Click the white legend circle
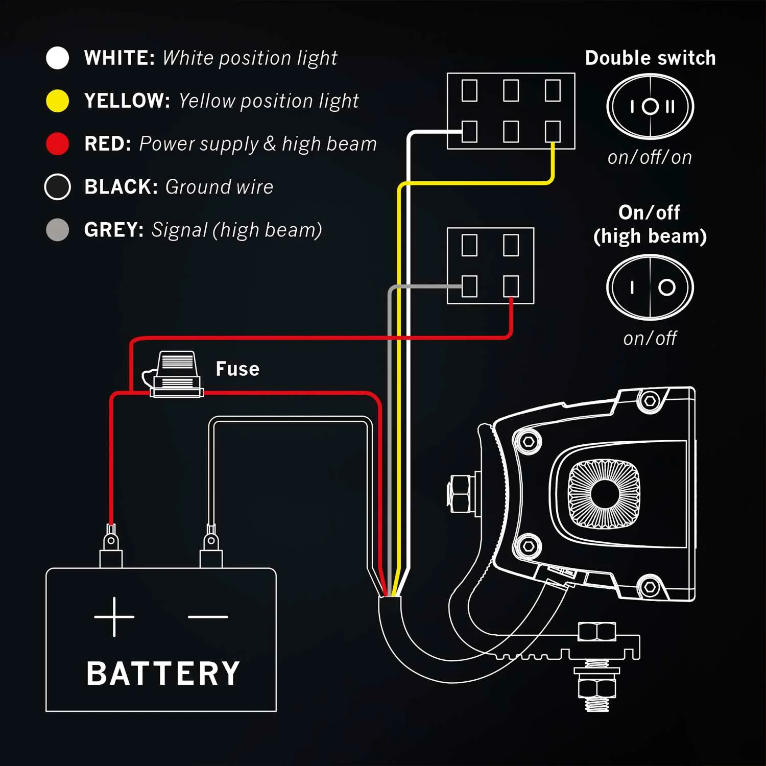pos(57,58)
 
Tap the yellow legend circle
pos(57,101)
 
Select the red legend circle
pos(57,143)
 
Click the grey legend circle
pos(57,230)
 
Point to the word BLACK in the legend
pos(121,187)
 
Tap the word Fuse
pos(237,369)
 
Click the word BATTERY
pos(163,674)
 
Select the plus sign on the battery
pos(114,617)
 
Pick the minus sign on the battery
pos(208,617)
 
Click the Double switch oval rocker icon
pos(650,107)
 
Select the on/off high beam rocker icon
pos(650,288)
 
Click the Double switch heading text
pos(650,58)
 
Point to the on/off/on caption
pos(650,157)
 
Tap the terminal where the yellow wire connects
pos(553,132)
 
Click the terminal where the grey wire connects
pos(469,286)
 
